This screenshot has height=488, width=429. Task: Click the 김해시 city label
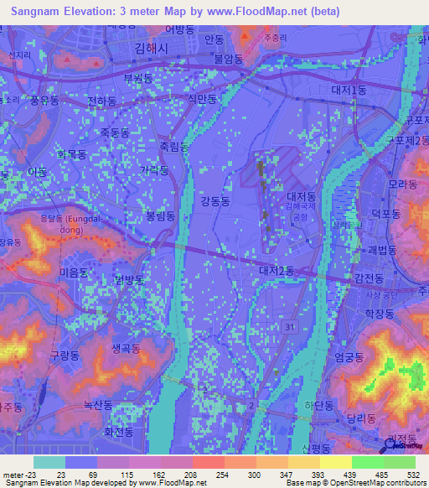[x=153, y=49]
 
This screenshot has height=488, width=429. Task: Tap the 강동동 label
[x=215, y=200]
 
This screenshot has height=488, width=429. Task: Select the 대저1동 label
[x=349, y=90]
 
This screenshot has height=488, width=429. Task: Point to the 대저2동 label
[x=277, y=270]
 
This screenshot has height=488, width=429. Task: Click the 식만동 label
[x=203, y=99]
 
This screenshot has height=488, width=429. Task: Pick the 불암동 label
[x=228, y=59]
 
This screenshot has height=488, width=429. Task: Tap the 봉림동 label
[x=161, y=215]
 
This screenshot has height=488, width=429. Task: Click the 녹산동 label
[x=97, y=405]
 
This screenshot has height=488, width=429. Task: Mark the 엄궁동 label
[x=349, y=357]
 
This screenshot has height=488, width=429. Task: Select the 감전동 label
[x=369, y=278]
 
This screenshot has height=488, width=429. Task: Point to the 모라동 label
[x=403, y=184]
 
